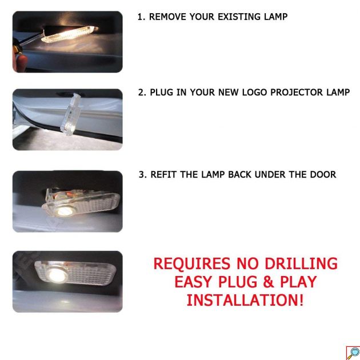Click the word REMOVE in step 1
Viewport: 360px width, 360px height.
pyautogui.click(x=167, y=17)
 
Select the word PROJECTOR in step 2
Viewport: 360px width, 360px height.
pyautogui.click(x=297, y=93)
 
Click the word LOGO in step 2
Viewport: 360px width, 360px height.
pyautogui.click(x=255, y=93)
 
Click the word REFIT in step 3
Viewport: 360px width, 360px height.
pyautogui.click(x=163, y=174)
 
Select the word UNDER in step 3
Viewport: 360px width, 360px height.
pyautogui.click(x=270, y=174)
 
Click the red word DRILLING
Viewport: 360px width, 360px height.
pyautogui.click(x=301, y=263)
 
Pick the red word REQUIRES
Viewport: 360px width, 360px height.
pyautogui.click(x=191, y=263)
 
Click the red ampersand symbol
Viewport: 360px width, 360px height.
pyautogui.click(x=269, y=282)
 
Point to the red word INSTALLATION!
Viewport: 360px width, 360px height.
pyautogui.click(x=245, y=300)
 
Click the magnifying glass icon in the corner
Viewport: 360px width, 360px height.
pyautogui.click(x=353, y=353)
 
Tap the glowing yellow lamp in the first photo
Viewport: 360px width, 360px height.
pyautogui.click(x=68, y=34)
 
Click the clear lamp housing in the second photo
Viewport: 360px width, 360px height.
pyautogui.click(x=71, y=114)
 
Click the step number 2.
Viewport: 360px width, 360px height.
pyautogui.click(x=142, y=93)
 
